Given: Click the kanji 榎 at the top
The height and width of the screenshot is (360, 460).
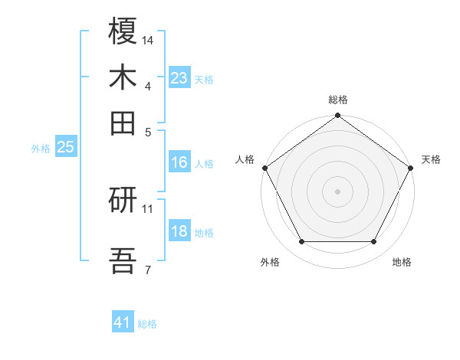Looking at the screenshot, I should coord(123,32).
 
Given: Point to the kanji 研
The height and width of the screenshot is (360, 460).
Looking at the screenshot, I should coord(123,201).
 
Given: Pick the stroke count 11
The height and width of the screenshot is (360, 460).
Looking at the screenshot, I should coord(149,208).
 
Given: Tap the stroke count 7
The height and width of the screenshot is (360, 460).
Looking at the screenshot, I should coord(147,269).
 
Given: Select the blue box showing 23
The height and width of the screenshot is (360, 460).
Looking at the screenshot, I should coord(179,78).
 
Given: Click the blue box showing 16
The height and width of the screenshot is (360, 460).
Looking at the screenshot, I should coord(179,162).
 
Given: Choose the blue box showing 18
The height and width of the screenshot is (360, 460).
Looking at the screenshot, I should coord(179,232).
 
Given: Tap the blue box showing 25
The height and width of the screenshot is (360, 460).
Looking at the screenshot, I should coord(65,148).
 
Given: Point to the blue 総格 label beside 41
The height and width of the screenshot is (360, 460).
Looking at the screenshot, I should coord(147,324).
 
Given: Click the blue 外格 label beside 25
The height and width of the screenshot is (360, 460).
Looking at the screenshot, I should coord(40,149).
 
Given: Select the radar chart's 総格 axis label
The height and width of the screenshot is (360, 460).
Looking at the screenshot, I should coord(337,100).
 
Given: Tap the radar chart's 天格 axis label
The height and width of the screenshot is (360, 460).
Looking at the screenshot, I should coord(431,159).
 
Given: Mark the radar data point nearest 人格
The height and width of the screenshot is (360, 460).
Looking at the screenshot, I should coord(264,168).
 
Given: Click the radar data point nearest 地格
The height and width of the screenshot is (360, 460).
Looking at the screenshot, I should coord(374,242).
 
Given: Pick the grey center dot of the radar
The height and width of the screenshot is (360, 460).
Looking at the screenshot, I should coord(337,191).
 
